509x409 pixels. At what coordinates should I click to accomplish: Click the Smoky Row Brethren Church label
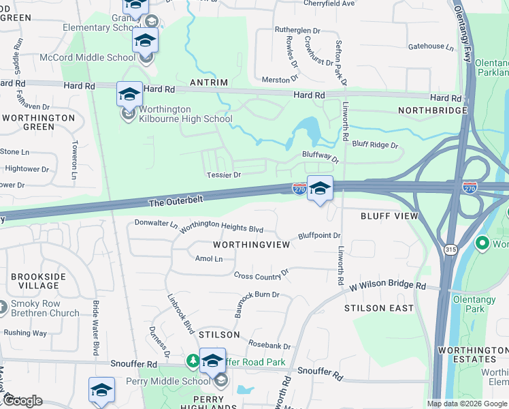point(45,309)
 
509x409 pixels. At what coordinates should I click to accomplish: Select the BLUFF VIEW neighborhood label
point(389,215)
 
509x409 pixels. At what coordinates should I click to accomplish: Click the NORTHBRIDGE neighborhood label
point(432,110)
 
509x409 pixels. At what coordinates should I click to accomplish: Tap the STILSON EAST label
point(379,308)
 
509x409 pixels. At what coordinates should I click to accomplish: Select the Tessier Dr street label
point(224,175)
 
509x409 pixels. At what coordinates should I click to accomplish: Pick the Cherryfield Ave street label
point(329,3)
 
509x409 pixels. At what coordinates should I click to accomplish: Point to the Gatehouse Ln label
point(430,47)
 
